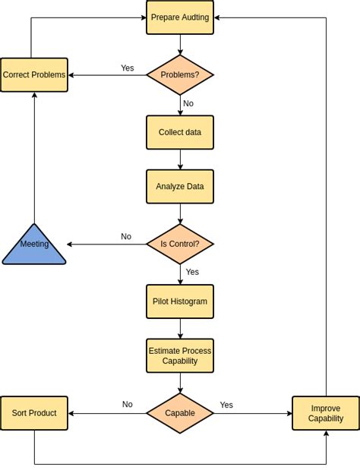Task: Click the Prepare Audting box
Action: point(180,17)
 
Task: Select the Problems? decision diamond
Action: point(180,74)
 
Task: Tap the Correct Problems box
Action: point(34,74)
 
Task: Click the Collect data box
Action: point(180,132)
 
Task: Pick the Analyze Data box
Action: point(180,186)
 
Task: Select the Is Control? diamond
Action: point(180,244)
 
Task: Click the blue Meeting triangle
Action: point(34,247)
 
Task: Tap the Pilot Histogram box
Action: point(180,301)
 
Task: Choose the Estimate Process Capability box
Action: point(180,355)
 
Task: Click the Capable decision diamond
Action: point(180,413)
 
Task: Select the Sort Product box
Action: point(34,413)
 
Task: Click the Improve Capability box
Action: point(326,413)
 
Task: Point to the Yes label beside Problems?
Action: point(127,68)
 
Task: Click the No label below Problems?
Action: point(188,103)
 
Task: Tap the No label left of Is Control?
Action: point(126,237)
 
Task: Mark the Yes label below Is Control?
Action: point(192,272)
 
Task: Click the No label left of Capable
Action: point(128,405)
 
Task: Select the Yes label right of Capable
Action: point(226,405)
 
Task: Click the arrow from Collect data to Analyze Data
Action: point(180,159)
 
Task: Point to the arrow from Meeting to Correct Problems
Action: point(34,159)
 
